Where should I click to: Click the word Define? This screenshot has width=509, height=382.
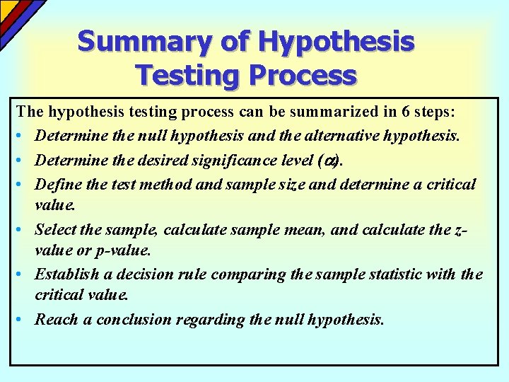coord(57,185)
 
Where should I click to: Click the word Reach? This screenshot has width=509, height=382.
coord(56,319)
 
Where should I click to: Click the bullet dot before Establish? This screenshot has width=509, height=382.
coord(23,274)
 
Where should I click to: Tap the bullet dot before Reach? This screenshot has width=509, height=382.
coord(23,319)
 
